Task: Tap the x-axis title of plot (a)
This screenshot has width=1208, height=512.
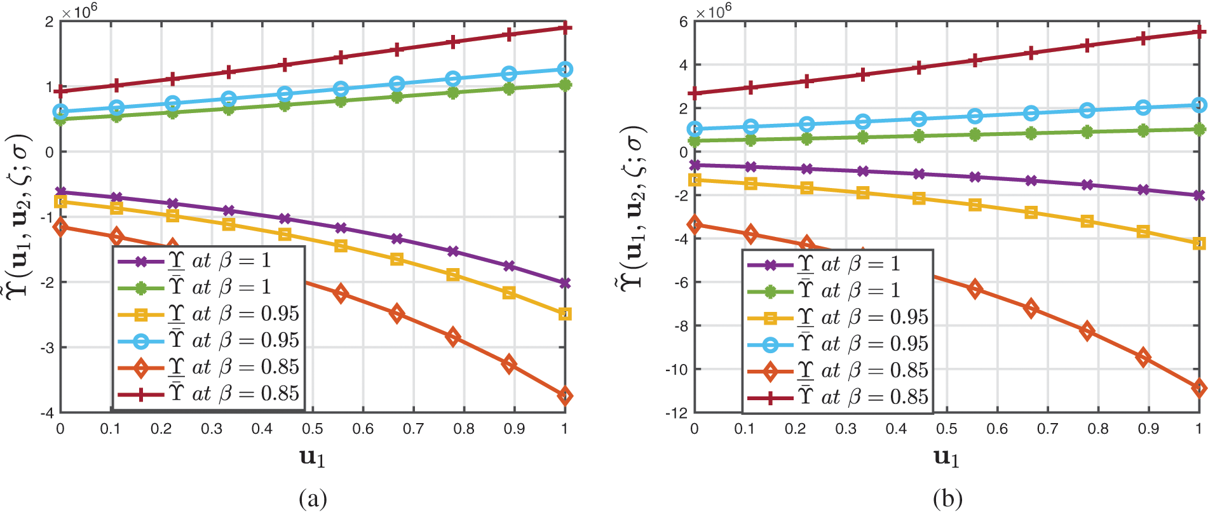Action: tap(312, 458)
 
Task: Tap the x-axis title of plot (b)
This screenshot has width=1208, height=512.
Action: tap(946, 458)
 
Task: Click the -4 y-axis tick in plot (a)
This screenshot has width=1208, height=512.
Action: tap(47, 413)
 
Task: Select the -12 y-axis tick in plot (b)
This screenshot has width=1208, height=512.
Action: tap(677, 413)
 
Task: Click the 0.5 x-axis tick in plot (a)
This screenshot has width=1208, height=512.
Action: tap(312, 429)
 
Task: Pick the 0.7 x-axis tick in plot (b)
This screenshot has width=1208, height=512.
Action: tap(1047, 429)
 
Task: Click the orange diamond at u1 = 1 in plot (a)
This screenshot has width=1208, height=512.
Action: tap(565, 396)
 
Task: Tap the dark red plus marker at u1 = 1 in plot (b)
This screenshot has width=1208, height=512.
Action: tap(1199, 31)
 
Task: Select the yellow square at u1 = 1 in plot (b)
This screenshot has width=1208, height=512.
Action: tap(1199, 243)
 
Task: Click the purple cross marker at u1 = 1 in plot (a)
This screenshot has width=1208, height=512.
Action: tap(565, 283)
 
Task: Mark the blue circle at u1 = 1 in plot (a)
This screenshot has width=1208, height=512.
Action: tap(565, 69)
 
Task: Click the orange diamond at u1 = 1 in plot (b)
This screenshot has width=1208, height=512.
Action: tap(1199, 388)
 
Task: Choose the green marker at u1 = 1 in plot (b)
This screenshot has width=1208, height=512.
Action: tap(1199, 130)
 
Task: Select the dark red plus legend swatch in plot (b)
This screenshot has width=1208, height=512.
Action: tap(770, 398)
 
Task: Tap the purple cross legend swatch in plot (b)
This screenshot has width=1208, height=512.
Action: tap(770, 265)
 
